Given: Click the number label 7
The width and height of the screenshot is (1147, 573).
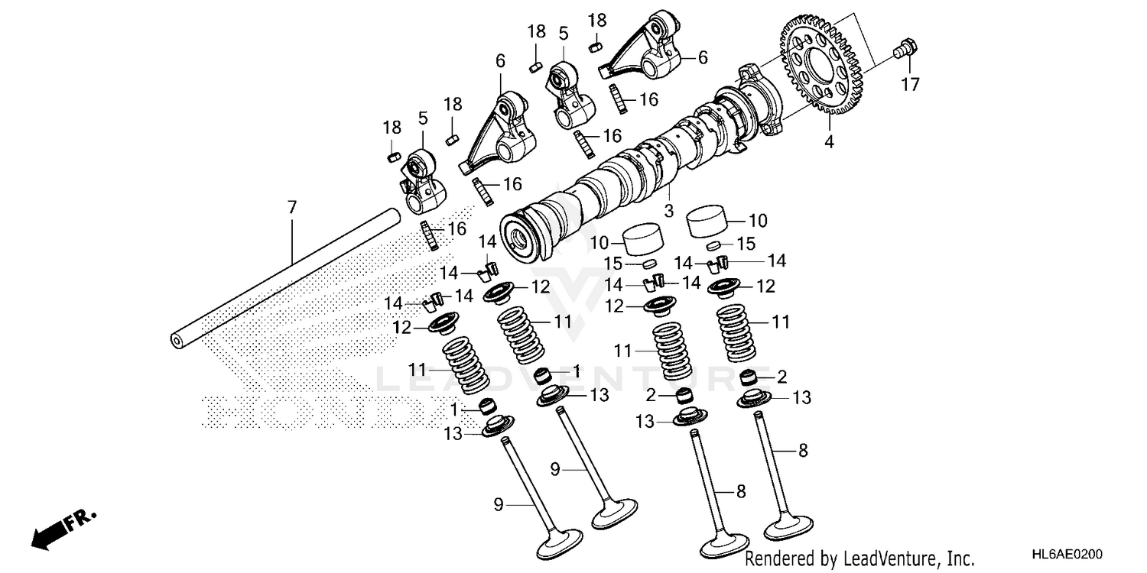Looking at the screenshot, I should (x=291, y=207).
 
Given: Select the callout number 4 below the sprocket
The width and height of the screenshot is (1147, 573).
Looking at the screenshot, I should (x=829, y=141).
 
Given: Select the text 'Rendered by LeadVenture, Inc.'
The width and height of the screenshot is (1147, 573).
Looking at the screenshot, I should (x=860, y=559).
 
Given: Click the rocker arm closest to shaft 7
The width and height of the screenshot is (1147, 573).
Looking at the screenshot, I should (x=419, y=183).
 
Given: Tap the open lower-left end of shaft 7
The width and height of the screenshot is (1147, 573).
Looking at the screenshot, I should (x=177, y=341).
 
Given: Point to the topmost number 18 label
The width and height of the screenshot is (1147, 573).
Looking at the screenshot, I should (x=597, y=20).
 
